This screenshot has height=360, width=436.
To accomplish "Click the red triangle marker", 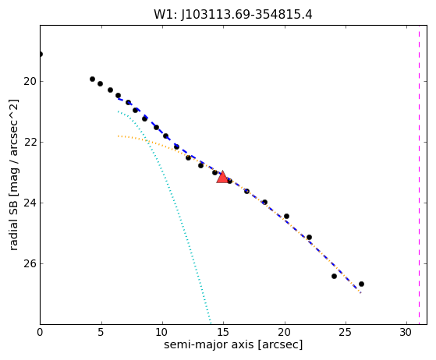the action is [222, 177].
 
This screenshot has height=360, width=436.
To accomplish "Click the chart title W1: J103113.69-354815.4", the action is [233, 15].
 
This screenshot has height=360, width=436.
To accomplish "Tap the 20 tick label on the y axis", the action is [30, 82].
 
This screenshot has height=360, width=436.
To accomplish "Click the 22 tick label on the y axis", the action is [30, 143].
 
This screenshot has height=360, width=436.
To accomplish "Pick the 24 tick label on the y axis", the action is [30, 203].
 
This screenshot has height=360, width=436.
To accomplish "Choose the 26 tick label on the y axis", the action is [30, 263].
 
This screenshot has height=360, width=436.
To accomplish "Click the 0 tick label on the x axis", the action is [40, 332].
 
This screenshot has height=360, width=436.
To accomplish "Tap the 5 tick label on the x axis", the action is [101, 332].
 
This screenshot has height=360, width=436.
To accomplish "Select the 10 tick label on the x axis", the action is [162, 332].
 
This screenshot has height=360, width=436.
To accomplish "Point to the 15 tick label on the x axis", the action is [223, 332].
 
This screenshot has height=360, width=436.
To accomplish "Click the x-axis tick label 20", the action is [285, 332].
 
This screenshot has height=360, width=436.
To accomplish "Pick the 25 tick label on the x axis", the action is [346, 332].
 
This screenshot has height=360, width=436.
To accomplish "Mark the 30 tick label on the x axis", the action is [406, 332].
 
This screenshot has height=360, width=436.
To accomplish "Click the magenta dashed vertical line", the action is [419, 175].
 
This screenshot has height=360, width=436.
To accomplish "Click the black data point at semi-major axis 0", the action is [41, 55].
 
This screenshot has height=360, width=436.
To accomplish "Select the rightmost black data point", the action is [361, 284].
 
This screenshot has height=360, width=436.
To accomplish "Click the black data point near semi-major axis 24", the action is [334, 276].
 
